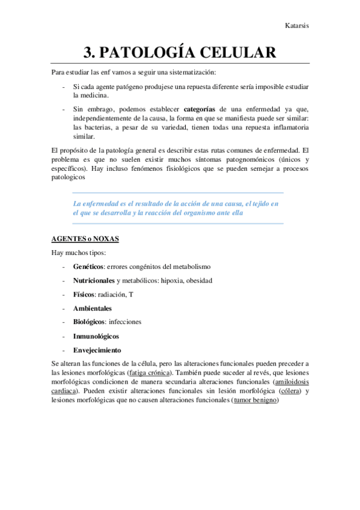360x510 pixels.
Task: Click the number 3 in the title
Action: [89, 52]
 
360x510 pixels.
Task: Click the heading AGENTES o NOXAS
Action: [85, 239]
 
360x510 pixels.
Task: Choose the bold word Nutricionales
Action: [94, 280]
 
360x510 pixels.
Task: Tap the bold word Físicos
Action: [84, 294]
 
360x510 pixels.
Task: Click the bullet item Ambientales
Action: [92, 308]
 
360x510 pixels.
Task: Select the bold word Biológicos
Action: [89, 322]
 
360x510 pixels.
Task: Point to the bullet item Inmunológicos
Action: [96, 336]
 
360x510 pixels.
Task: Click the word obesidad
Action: [198, 280]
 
